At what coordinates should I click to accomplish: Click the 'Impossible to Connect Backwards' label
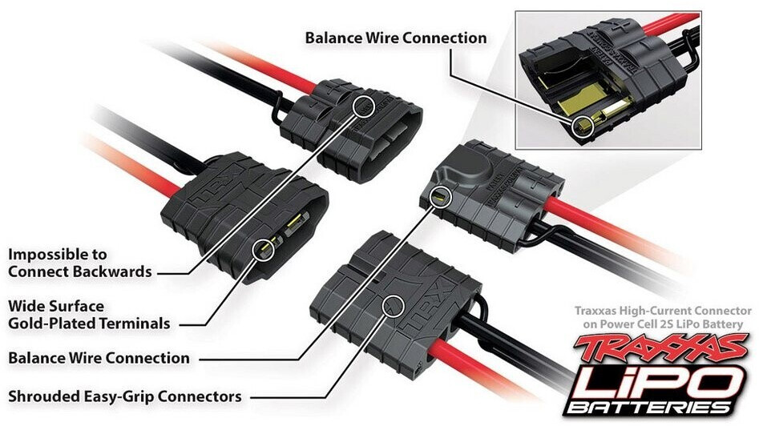click(79, 263)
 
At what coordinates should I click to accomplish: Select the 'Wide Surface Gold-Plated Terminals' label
click(88, 315)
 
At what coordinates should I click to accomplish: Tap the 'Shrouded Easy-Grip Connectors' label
click(124, 396)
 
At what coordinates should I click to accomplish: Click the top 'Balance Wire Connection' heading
click(396, 38)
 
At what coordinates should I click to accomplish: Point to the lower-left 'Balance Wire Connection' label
click(99, 357)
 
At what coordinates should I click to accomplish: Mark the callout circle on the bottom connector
click(393, 304)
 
